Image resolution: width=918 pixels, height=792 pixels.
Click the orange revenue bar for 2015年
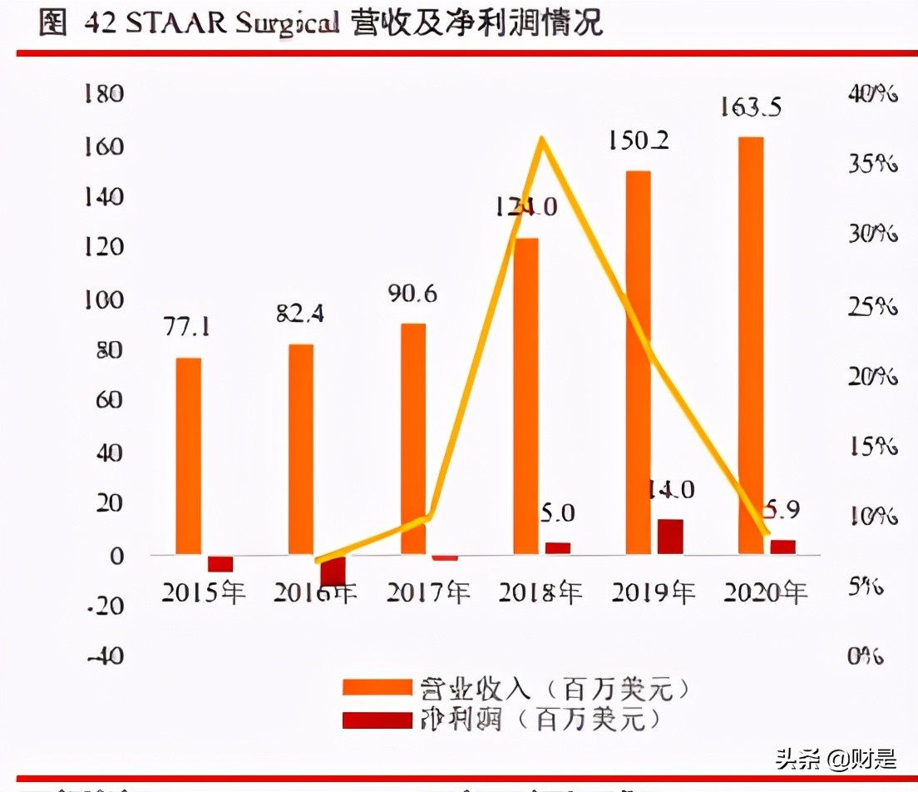point(188,456)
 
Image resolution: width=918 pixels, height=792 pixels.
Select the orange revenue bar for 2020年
point(752,345)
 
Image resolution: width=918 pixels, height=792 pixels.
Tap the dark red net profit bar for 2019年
point(670,537)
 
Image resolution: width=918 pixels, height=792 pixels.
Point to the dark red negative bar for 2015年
point(220,563)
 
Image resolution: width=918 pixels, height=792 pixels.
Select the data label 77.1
point(186,327)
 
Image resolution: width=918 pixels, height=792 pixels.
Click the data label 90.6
point(412,295)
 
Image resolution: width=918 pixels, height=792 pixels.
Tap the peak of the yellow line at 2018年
point(542,139)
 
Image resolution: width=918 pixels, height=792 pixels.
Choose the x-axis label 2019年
point(654,592)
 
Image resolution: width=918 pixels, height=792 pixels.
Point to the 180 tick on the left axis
point(104,93)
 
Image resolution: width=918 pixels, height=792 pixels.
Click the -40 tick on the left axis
point(102,656)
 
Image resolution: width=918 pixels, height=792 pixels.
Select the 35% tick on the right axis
point(872,164)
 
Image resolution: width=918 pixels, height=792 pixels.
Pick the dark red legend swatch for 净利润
point(378,719)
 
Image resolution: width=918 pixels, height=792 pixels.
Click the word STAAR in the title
point(177,23)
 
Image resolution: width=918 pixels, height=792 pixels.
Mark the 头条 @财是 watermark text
point(836,759)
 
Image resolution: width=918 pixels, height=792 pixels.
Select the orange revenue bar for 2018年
point(526,396)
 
